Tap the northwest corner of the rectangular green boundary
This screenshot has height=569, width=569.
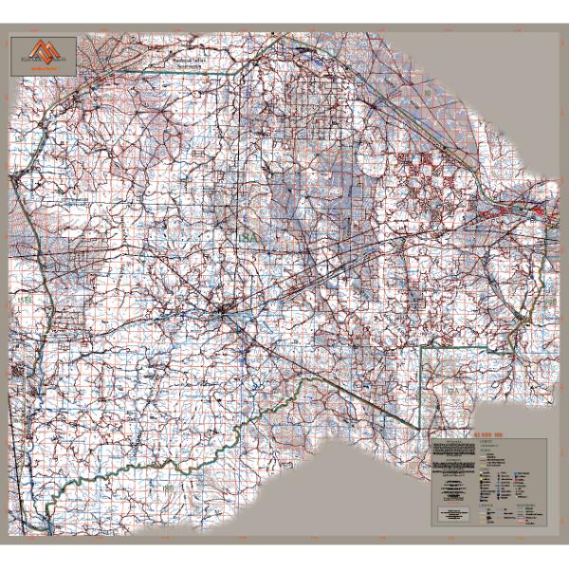pos(421,348)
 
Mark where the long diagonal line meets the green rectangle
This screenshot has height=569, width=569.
pos(421,417)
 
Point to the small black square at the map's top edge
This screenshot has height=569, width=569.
pos(276,35)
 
